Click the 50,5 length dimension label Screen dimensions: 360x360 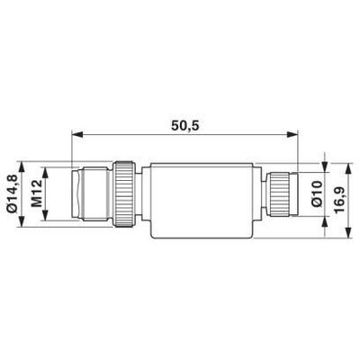[185, 126]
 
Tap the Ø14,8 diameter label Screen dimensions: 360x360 [13, 194]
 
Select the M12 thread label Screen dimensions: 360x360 [37, 193]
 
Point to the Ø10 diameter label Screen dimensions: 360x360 [317, 194]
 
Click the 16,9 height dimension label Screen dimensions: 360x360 [339, 200]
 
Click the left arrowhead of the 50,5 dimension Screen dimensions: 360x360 [76, 134]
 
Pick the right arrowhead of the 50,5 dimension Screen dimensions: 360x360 [292, 134]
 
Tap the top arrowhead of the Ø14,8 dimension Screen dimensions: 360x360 [22, 167]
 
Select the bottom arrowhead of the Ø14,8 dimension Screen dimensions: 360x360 [22, 220]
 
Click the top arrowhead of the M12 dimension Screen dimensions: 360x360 [45, 173]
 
